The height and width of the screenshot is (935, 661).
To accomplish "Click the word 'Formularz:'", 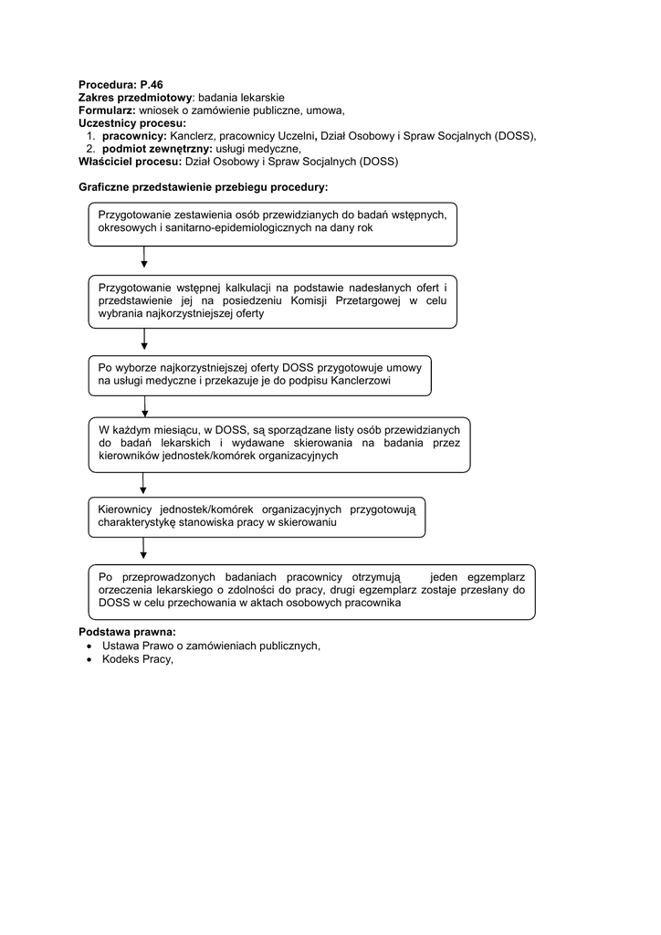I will coord(107,110).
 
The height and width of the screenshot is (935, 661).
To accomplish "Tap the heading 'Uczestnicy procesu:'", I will coord(132,123).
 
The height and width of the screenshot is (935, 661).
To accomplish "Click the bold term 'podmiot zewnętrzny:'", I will coord(156,149).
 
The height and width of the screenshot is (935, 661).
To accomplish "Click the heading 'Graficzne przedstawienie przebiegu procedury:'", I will coord(204,187).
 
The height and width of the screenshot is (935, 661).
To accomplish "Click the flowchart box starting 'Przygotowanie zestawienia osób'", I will coord(272,224).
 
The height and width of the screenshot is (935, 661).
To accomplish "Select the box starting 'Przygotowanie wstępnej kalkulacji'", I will coord(272,301).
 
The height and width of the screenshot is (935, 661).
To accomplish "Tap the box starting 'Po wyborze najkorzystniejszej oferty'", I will coord(259,375).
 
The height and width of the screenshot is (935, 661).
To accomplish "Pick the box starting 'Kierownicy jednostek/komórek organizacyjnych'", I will coord(256,518).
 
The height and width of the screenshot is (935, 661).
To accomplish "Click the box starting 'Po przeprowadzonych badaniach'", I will coord(311,592).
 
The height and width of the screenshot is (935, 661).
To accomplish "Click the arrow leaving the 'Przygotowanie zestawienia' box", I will coord(144,258).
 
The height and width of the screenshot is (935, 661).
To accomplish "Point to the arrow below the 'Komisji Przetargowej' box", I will coord(144,340).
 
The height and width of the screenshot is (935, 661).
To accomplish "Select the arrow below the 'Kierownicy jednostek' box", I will coord(144,550).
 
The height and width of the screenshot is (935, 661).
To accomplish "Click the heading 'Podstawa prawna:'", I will coord(127,632).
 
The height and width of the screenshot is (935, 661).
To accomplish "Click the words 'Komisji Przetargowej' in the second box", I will coord(344,301).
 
